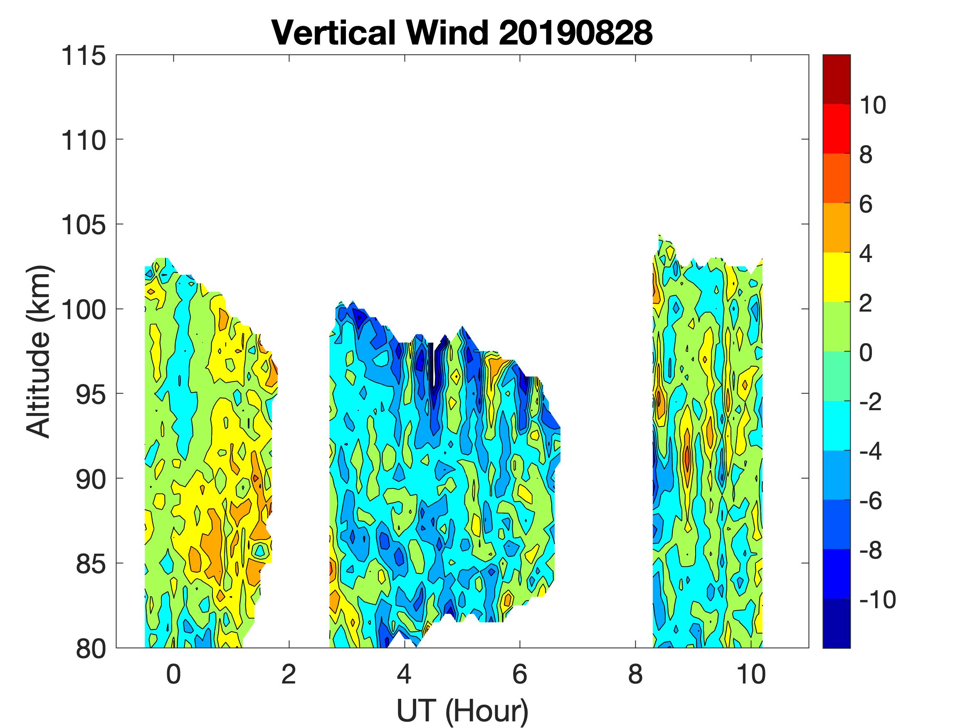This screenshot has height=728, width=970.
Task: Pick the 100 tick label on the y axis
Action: pos(83,310)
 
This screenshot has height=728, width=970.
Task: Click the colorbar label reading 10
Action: pos(872,105)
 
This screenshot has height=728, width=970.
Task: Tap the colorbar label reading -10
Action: pos(877,599)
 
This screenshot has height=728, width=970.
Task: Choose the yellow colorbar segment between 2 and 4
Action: pos(836,277)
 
